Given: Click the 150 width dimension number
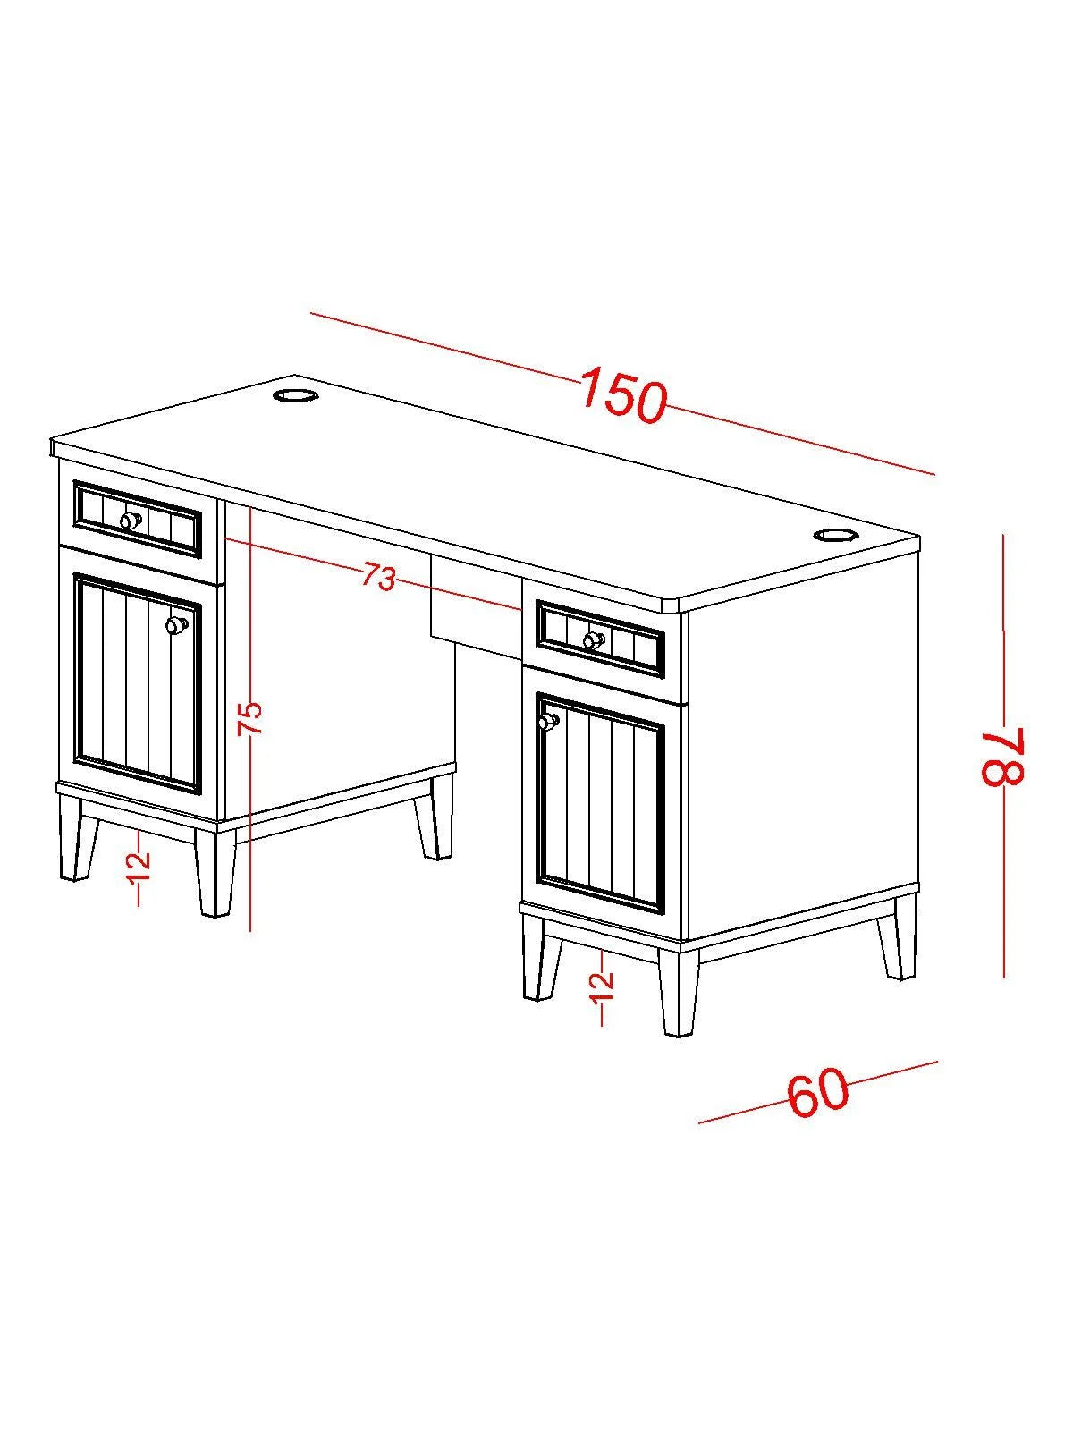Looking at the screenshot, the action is pyautogui.click(x=623, y=395).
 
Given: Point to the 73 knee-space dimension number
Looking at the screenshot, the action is pyautogui.click(x=378, y=576).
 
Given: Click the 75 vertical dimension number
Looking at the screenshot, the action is pyautogui.click(x=250, y=718).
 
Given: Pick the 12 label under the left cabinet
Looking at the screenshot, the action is pyautogui.click(x=140, y=866).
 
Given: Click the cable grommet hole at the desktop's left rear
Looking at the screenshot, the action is pyautogui.click(x=294, y=395).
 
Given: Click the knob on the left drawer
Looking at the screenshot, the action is pyautogui.click(x=131, y=520).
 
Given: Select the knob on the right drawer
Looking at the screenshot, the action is pyautogui.click(x=593, y=640).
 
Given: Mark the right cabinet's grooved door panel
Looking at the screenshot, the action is pyautogui.click(x=600, y=803).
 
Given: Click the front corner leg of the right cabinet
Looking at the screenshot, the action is pyautogui.click(x=678, y=990).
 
